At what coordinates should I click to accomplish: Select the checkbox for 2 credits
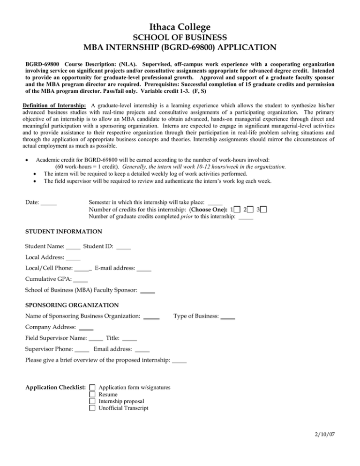[252, 209]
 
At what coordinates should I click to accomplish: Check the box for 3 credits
[264, 209]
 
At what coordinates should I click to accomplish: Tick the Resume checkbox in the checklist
[92, 394]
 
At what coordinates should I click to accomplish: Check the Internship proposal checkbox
[92, 401]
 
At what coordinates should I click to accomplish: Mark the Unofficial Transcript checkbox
[92, 408]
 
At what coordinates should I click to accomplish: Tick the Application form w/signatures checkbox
[92, 387]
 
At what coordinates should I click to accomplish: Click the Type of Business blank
[228, 317]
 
